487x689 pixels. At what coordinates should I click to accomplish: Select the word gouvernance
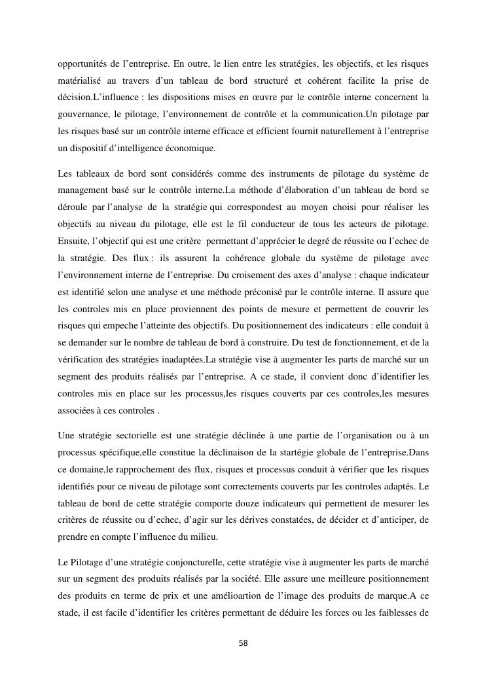[82, 115]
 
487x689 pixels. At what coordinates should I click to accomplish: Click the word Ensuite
[73, 241]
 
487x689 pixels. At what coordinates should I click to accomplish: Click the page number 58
[243, 643]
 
